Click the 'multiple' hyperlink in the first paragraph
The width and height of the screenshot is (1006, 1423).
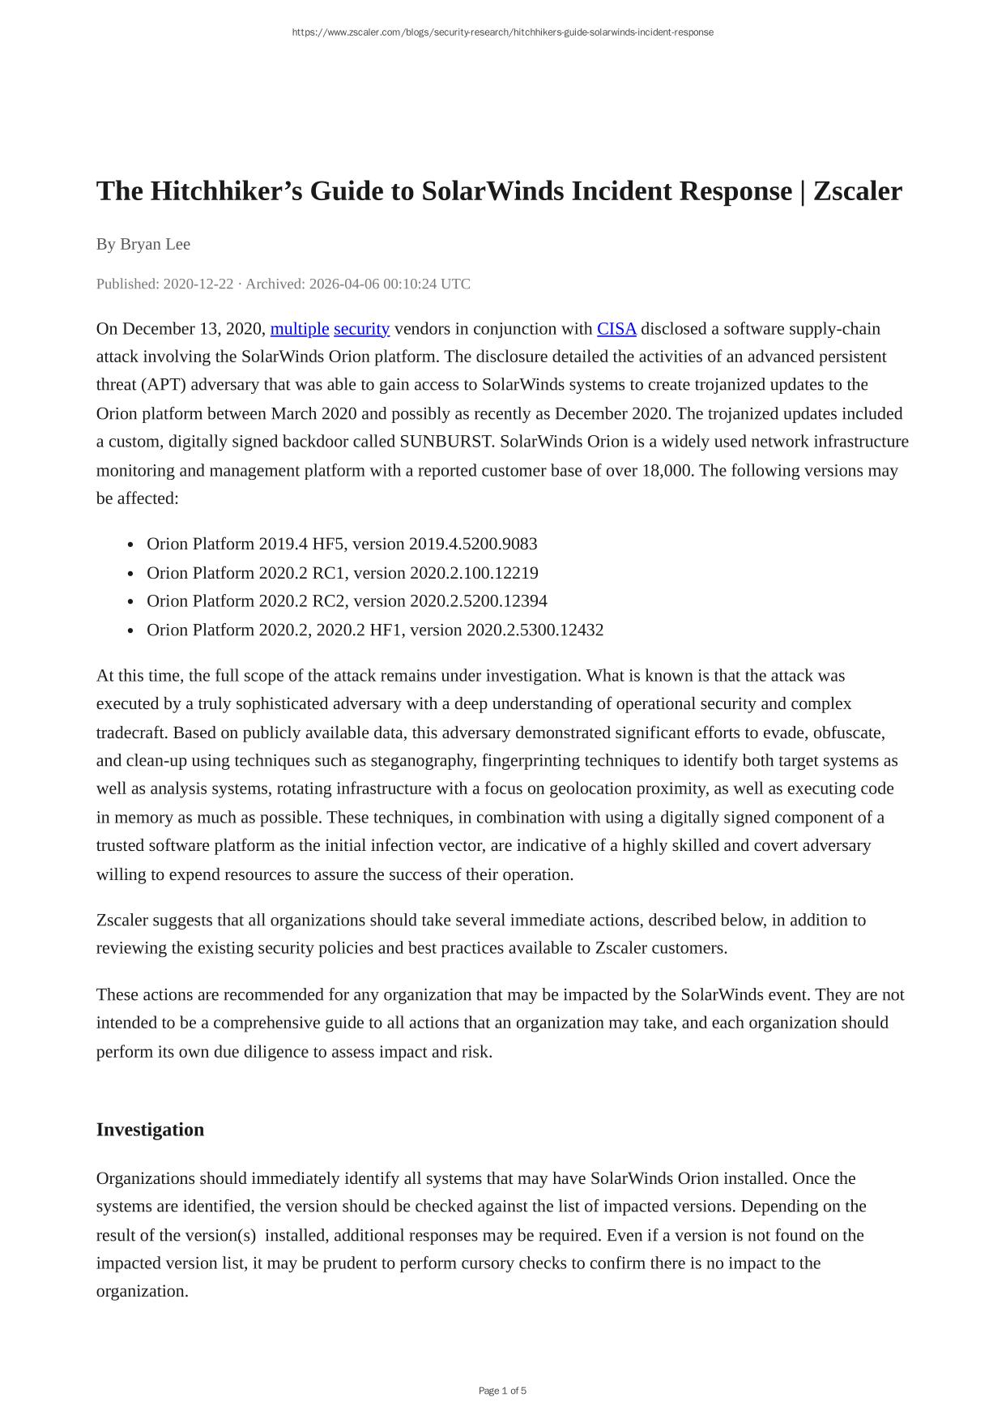pos(300,329)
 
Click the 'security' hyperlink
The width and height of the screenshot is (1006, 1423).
pos(361,329)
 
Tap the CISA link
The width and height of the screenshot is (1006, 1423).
pos(616,329)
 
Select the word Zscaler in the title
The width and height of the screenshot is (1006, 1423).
pos(857,191)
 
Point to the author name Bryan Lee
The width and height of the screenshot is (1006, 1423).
pos(155,244)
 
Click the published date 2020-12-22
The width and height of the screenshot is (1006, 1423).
pos(198,284)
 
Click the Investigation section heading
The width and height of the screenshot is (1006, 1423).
pos(150,1130)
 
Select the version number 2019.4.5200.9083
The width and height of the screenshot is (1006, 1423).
pos(473,544)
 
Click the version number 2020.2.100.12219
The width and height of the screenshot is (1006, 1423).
pos(474,573)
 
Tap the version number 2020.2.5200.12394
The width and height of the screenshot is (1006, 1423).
pos(479,601)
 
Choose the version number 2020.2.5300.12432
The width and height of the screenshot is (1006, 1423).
pos(535,630)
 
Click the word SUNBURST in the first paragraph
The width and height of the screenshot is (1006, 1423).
pos(445,442)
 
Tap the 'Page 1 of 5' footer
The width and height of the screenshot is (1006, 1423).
pos(502,1391)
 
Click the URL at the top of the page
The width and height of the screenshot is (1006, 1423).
pos(502,32)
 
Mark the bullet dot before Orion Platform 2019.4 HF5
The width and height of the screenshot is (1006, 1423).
pos(130,545)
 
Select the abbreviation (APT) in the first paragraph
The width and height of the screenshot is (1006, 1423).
pos(164,385)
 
